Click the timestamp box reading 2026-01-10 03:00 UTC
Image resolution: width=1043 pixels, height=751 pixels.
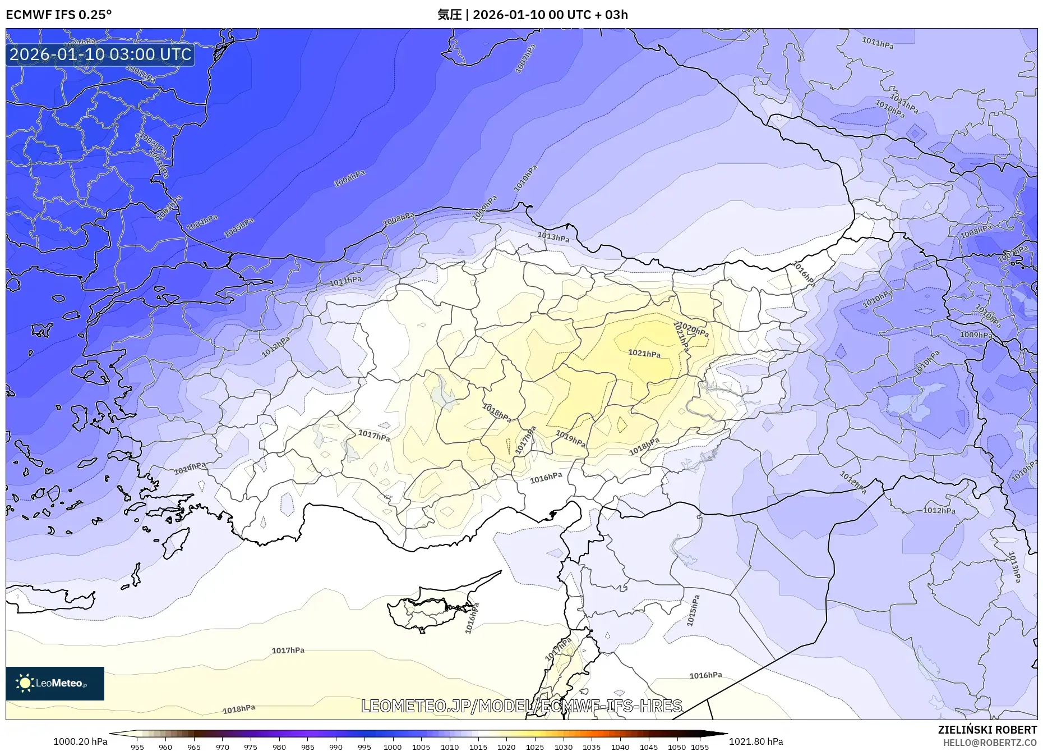100,54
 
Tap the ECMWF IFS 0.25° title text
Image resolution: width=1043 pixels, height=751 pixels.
59,15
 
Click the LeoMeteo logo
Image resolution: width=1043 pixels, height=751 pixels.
55,683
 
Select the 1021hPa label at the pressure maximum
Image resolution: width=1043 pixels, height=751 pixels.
644,354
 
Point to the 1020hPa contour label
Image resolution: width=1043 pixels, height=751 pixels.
694,330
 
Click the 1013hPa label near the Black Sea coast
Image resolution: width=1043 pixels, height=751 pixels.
553,237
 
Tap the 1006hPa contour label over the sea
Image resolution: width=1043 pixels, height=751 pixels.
349,178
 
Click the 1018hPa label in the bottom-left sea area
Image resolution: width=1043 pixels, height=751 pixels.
239,709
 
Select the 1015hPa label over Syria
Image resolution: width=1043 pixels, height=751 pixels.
694,611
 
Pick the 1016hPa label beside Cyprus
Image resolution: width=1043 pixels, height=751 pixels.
472,619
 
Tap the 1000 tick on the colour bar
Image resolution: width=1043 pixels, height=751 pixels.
393,747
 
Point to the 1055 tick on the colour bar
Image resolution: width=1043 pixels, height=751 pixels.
700,747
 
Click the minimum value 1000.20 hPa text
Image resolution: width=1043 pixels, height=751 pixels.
80,741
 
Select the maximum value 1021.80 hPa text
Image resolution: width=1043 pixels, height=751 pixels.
756,741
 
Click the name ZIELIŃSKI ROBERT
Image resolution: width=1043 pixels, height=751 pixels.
987,730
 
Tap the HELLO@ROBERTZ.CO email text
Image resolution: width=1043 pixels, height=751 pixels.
990,743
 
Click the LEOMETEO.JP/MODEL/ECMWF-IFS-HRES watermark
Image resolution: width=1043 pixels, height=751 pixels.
521,706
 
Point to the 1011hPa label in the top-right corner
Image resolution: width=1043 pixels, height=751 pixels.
878,43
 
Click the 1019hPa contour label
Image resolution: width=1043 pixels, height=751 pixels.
570,438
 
